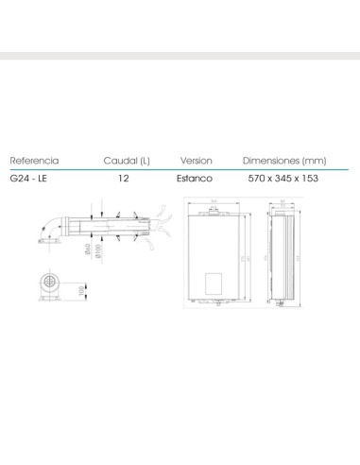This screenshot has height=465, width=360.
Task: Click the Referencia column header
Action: pyautogui.click(x=34, y=161)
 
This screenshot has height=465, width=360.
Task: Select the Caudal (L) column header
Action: pyautogui.click(x=126, y=161)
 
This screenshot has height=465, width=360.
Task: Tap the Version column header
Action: pyautogui.click(x=196, y=161)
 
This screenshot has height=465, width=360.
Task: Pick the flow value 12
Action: pyautogui.click(x=123, y=177)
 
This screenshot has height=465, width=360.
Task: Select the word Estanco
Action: pyautogui.click(x=196, y=177)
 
